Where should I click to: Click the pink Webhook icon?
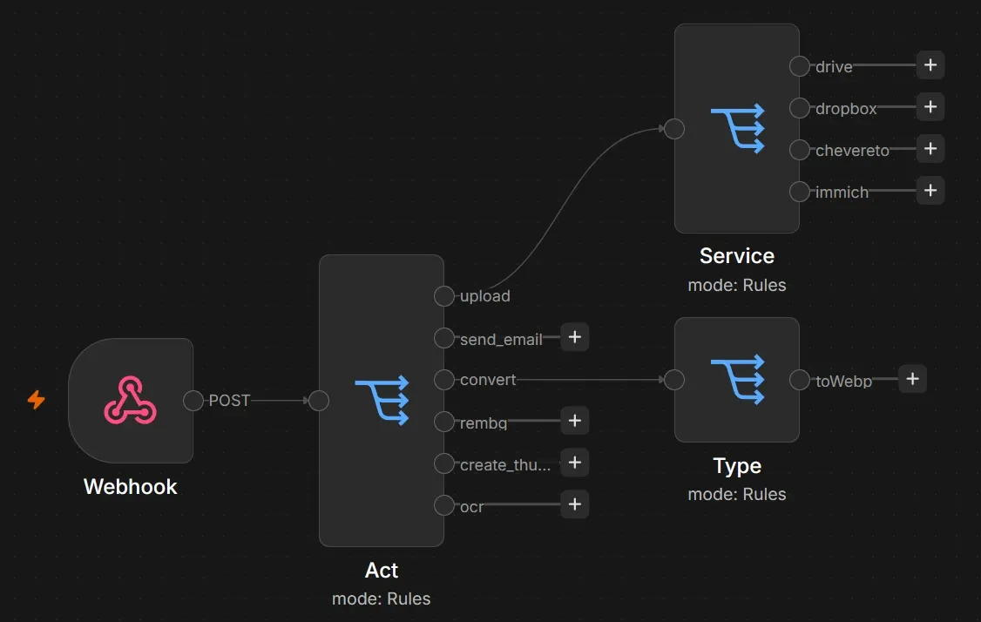click(x=130, y=400)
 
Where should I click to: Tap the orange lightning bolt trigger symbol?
click(x=37, y=399)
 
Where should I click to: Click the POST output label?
click(x=229, y=401)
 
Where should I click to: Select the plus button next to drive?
click(x=930, y=65)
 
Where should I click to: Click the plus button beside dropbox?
click(x=930, y=107)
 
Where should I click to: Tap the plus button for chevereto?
click(x=930, y=149)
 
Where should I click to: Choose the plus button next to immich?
click(x=930, y=190)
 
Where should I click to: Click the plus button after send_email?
click(x=575, y=337)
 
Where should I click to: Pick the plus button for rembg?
click(x=575, y=421)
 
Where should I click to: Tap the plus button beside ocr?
click(x=575, y=504)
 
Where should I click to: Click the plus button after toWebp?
click(x=912, y=379)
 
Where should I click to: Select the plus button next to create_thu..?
click(x=575, y=463)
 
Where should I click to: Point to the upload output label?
click(x=485, y=296)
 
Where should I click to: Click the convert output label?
click(x=488, y=380)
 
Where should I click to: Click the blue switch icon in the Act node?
click(x=382, y=401)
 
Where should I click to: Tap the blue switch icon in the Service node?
click(x=738, y=128)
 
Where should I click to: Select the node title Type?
click(x=737, y=466)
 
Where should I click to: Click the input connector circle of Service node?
click(x=673, y=129)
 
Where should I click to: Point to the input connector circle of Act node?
click(x=319, y=401)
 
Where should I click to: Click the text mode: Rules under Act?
click(x=381, y=598)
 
